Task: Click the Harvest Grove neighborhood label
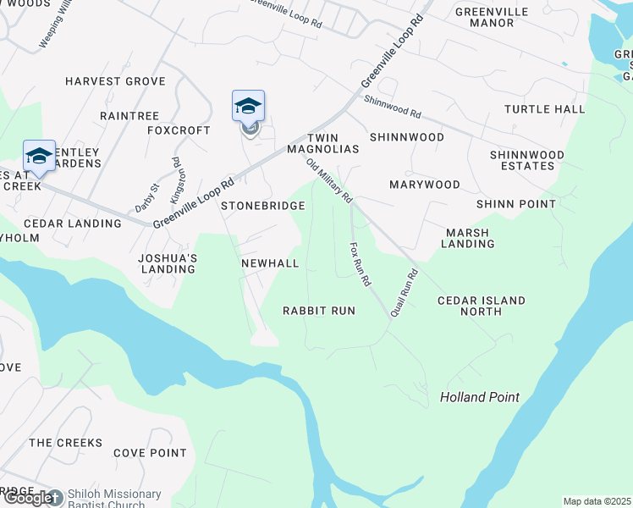coord(115,81)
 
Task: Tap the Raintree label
coord(129,115)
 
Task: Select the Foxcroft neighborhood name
coord(179,130)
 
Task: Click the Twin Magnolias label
coord(333,143)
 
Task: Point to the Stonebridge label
coord(263,206)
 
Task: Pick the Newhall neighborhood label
coord(270,263)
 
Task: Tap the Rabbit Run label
coord(319,311)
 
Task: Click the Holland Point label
coord(480,397)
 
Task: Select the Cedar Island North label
coord(482,306)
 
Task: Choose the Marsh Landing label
coord(468,238)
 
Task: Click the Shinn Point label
coord(516,204)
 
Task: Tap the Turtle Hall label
coord(545,109)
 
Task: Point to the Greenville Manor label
coord(492,17)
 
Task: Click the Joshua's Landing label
coord(169,263)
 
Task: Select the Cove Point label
coord(150,453)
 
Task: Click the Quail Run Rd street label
coord(405,294)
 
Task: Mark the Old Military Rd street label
coord(329,181)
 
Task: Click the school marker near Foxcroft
coord(248,108)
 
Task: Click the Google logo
coord(30,498)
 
